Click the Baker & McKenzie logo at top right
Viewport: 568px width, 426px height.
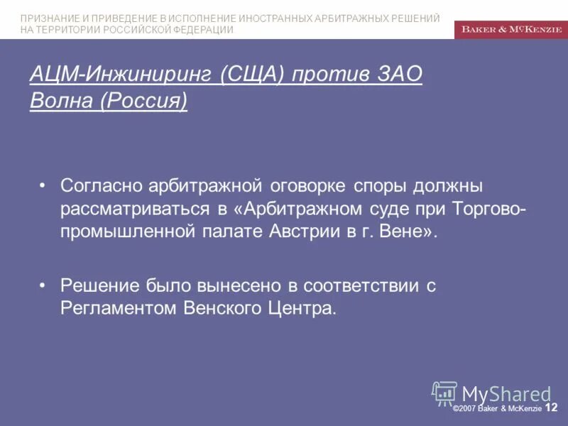click(x=510, y=29)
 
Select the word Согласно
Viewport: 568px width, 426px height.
click(x=102, y=186)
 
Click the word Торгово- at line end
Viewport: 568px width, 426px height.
click(x=486, y=209)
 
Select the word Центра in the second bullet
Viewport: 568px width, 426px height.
click(x=303, y=308)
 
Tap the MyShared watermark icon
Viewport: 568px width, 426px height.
click(x=444, y=393)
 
